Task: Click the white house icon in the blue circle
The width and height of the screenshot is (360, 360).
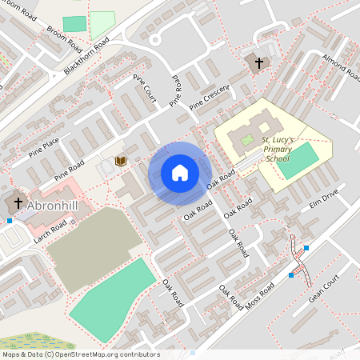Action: (179, 172)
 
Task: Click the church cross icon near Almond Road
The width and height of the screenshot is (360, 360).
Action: (259, 62)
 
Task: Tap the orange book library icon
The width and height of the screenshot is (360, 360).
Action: (121, 162)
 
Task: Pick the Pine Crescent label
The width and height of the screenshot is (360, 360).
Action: (210, 98)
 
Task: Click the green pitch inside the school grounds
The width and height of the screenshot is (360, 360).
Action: (298, 160)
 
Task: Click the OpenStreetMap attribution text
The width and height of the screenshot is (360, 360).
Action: (80, 354)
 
